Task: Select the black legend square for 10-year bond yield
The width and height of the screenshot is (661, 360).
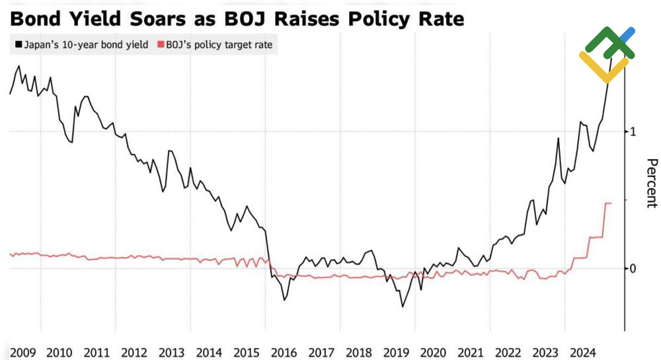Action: click(17, 46)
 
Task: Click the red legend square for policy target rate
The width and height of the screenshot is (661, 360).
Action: click(161, 46)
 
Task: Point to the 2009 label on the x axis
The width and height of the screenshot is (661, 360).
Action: click(22, 352)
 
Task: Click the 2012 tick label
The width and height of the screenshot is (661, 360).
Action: click(134, 352)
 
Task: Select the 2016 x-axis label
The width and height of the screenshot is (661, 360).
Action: click(284, 352)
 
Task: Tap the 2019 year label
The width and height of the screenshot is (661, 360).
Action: click(396, 352)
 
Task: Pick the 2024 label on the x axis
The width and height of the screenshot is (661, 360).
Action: click(584, 352)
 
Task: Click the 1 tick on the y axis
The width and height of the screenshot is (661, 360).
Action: click(633, 131)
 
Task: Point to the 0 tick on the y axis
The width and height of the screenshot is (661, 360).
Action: click(633, 268)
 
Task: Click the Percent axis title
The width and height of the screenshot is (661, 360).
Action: click(651, 183)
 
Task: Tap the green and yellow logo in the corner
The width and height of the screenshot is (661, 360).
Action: click(607, 54)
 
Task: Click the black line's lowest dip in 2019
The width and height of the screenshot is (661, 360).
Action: click(402, 306)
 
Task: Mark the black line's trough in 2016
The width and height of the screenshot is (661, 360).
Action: click(284, 300)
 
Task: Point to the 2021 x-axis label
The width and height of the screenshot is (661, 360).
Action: click(471, 352)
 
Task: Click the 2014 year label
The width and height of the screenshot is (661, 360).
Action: click(209, 352)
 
